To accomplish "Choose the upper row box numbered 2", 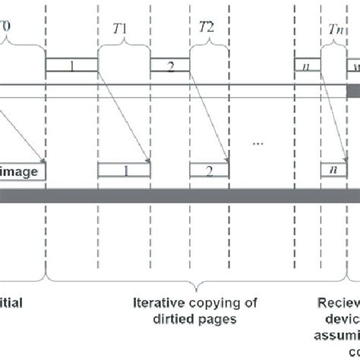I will pos(169,66).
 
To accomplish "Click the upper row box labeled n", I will pos(307,66).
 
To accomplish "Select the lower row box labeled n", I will pos(333,170).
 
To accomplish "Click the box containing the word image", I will pos(23,170).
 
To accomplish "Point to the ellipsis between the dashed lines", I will pos(261,141).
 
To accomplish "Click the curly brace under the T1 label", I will pos(121,46).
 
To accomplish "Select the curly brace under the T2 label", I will pos(207,46).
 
